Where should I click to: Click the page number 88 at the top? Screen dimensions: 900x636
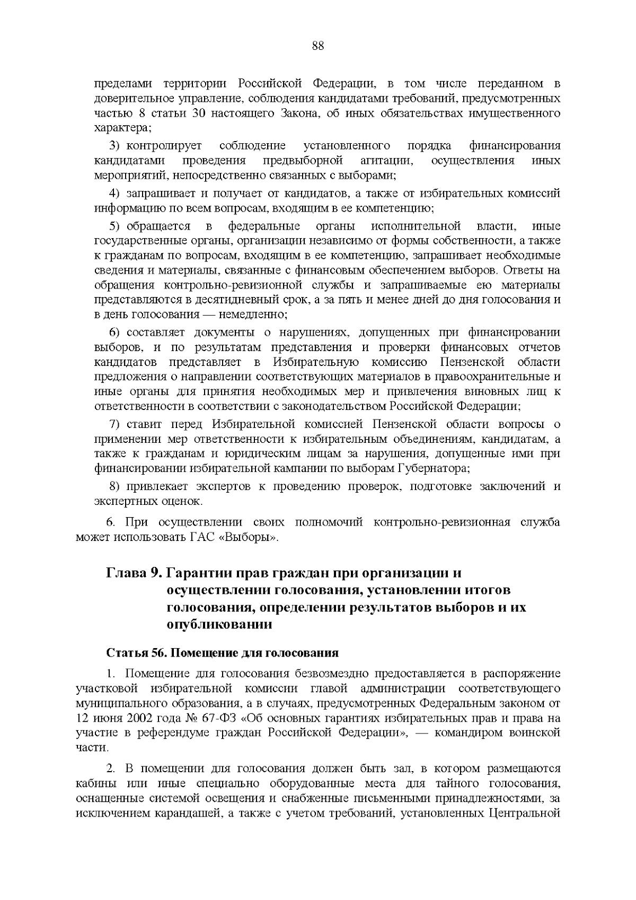318,46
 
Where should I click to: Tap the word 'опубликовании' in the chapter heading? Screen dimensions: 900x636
219,624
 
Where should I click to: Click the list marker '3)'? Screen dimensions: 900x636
116,146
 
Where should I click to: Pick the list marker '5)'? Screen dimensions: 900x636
116,226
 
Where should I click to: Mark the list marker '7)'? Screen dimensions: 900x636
116,425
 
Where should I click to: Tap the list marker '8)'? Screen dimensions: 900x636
116,486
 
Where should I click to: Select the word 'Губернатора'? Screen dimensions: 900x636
439,468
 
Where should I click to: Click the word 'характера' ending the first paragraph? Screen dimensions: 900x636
121,128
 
